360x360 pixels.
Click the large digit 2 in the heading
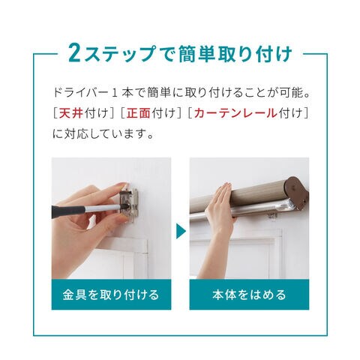74,52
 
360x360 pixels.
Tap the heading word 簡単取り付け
235,53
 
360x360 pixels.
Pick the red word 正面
138,113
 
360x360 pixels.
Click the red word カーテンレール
235,113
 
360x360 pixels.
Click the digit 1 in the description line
115,93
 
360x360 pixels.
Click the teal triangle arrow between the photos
181,231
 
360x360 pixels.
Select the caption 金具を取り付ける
111,295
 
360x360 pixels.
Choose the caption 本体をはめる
249,295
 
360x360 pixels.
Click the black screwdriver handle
68,211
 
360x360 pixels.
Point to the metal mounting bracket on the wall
129,205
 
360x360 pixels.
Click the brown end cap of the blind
298,192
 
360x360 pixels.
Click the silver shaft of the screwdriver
103,208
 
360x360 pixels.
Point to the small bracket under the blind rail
272,215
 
